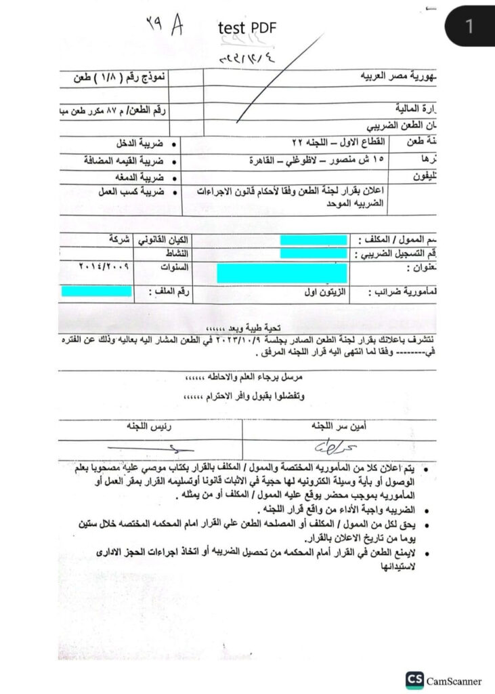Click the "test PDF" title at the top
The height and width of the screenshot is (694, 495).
tap(247, 27)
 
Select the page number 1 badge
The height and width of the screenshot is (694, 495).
tap(469, 27)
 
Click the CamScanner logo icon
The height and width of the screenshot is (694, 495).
tap(414, 680)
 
